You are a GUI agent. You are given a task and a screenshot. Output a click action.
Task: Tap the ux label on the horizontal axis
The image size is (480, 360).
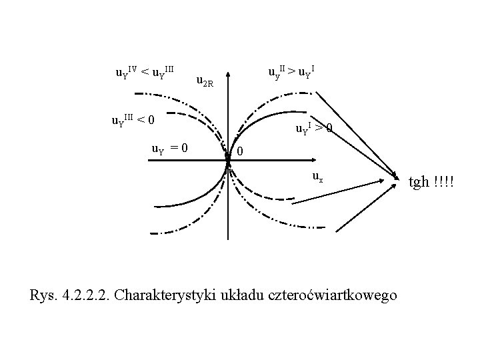pyautogui.click(x=318, y=177)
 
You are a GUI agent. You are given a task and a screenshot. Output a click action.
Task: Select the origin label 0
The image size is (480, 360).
pyautogui.click(x=241, y=153)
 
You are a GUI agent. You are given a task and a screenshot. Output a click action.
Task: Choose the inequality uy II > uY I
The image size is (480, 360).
pyautogui.click(x=291, y=71)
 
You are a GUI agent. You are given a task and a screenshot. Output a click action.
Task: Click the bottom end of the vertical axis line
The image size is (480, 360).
pyautogui.click(x=228, y=239)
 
